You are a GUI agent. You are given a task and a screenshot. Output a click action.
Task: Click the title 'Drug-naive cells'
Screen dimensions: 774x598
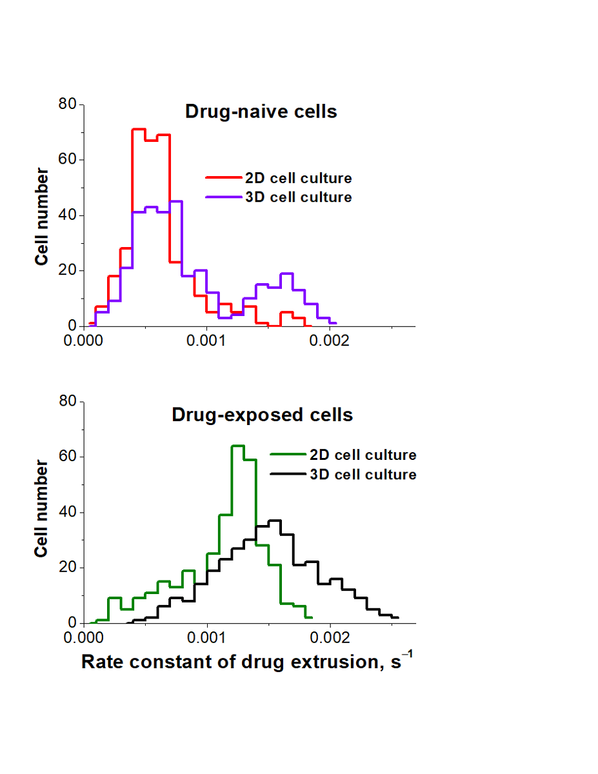coord(261,112)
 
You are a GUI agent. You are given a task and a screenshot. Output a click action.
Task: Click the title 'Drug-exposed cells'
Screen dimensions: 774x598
coord(262,415)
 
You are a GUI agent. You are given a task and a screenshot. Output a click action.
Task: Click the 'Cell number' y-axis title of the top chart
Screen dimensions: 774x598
coord(43,216)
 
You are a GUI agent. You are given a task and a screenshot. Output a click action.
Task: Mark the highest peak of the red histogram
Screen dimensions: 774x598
coord(139,130)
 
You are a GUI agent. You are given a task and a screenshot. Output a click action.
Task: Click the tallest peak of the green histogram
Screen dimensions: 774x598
coord(237,446)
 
